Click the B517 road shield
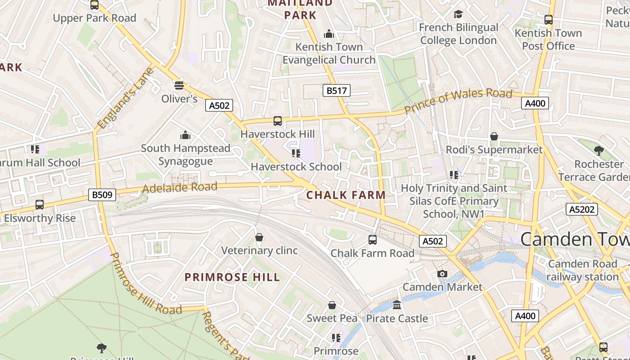coord(337,90)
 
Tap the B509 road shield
coord(102,195)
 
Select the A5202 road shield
coord(581,209)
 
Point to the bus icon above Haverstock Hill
coord(278,121)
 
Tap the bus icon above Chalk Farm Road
coord(373,239)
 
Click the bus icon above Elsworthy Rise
coord(40,205)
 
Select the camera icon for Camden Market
coord(442,274)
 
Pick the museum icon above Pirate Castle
coord(397,305)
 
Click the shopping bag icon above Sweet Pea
coord(332,305)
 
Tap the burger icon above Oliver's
coord(179,85)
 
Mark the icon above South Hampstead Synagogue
coord(185,135)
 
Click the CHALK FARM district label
coord(346,195)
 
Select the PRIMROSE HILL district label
coord(232,277)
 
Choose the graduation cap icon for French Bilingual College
coord(458,14)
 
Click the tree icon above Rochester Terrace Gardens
coord(598,150)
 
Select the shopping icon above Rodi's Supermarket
coord(494,136)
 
